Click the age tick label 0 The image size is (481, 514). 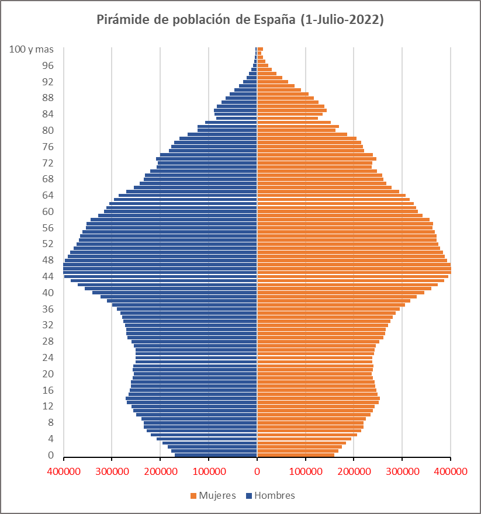coord(51,455)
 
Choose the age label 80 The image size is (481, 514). coord(48,130)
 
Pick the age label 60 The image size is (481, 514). coord(48,211)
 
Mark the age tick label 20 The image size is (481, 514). coord(48,374)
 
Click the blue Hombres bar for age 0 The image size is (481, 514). coord(216,455)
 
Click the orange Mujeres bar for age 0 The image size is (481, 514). coord(296,455)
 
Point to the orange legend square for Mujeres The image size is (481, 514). coord(193,496)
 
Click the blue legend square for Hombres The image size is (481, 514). coord(249,496)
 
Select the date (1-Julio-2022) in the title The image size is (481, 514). coord(342,20)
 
